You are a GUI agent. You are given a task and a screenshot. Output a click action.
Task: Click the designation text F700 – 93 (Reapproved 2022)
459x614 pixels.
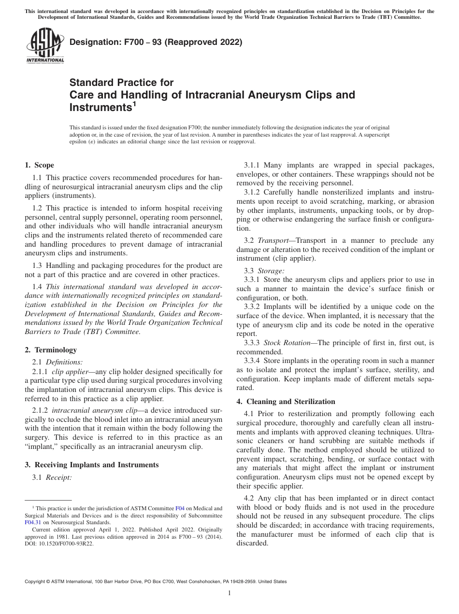click(x=156, y=42)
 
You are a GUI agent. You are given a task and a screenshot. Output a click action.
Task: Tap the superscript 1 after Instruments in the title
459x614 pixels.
click(x=134, y=102)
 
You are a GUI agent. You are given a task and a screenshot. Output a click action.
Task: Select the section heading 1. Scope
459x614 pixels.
click(x=39, y=165)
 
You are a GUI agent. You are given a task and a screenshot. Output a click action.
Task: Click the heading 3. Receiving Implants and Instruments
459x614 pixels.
click(x=91, y=465)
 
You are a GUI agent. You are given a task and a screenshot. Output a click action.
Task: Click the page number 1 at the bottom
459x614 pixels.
click(x=229, y=593)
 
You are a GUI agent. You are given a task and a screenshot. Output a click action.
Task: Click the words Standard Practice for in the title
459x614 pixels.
click(x=121, y=83)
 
